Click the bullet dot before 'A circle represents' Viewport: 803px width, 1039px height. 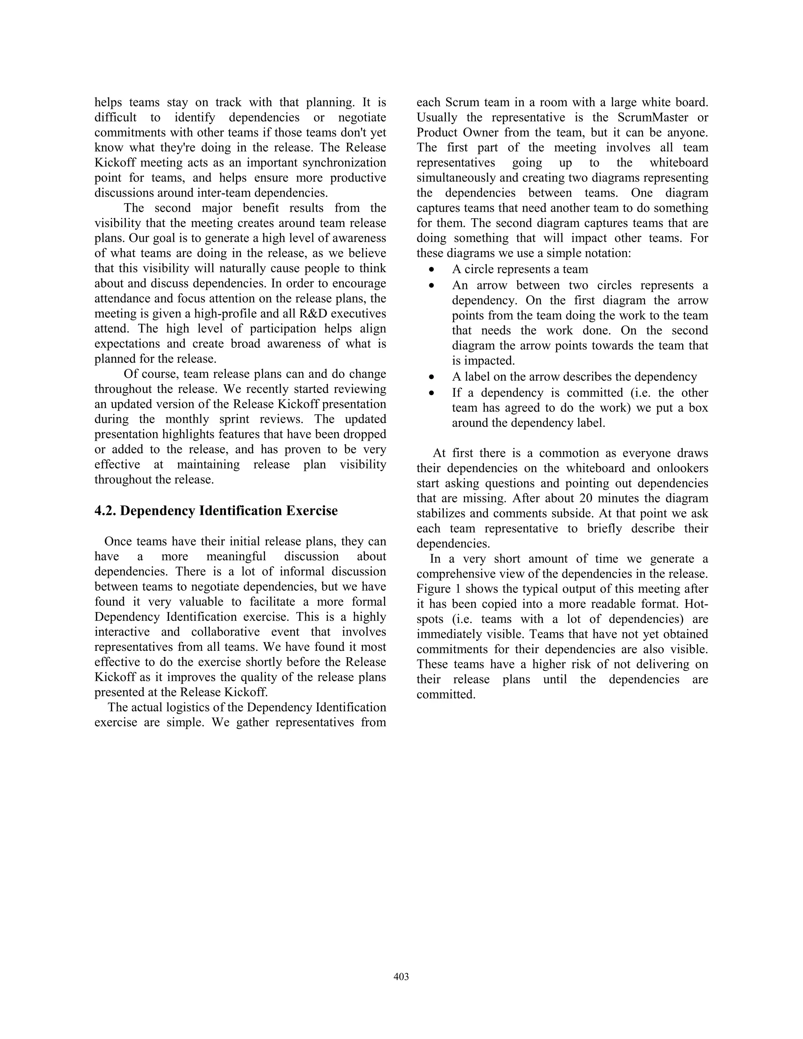point(431,270)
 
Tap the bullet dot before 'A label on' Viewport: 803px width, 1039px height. point(431,377)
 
